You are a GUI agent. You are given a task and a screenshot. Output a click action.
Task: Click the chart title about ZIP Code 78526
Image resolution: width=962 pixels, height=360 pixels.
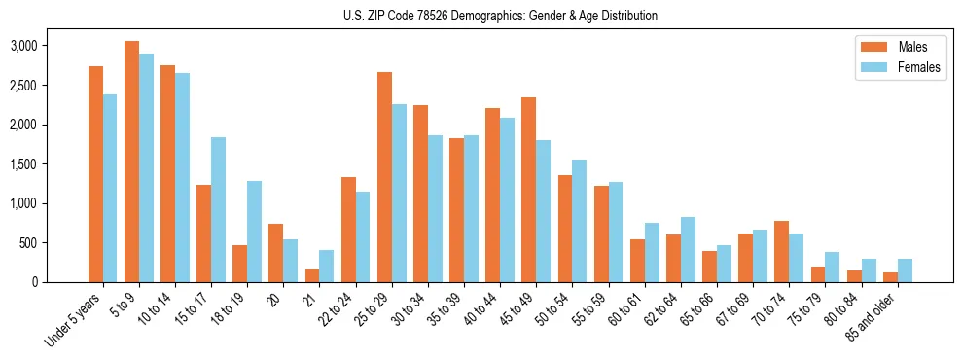coord(500,16)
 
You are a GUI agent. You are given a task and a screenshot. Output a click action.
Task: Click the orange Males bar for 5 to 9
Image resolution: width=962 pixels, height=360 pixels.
coord(131,162)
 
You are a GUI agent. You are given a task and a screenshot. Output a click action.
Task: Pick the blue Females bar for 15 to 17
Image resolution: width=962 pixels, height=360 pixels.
coord(218,209)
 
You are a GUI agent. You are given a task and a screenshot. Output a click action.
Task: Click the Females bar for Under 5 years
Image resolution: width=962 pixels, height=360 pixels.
coord(110,188)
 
